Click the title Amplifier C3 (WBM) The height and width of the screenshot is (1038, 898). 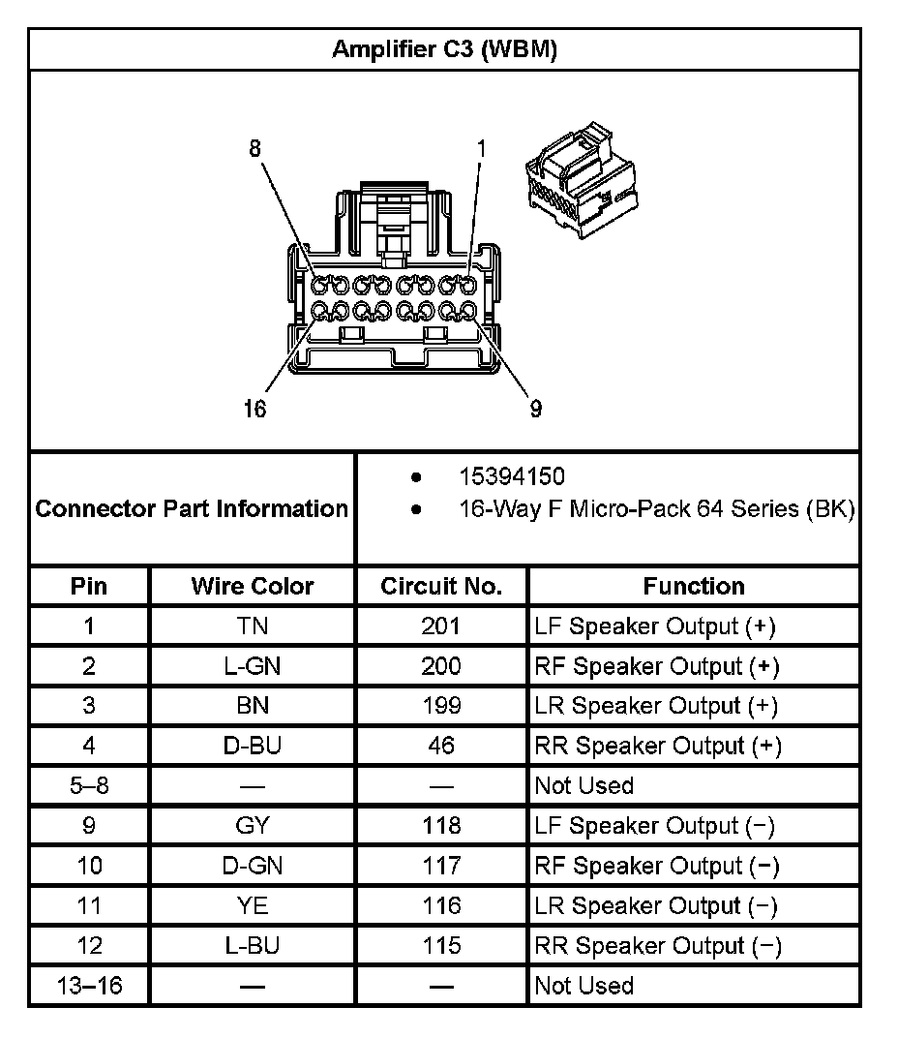tap(444, 50)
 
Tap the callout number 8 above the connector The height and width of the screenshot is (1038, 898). tap(254, 149)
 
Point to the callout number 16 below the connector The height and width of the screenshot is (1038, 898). tap(254, 409)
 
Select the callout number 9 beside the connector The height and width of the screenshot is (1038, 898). tap(535, 409)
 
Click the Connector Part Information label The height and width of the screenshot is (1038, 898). tap(192, 508)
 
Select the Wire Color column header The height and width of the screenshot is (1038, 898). tap(253, 586)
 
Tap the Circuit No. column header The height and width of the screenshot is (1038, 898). tap(441, 586)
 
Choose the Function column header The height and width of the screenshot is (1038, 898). tap(694, 586)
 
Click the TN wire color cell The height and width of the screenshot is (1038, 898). tap(253, 626)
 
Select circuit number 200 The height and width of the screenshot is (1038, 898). tap(441, 666)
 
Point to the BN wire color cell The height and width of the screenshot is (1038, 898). tap(253, 706)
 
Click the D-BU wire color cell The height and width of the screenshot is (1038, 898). tap(253, 746)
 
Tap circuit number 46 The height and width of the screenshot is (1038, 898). tap(441, 746)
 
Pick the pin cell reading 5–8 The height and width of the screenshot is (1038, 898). tap(89, 785)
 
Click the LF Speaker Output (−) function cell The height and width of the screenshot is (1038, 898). tap(655, 826)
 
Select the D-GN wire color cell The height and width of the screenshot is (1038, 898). tap(253, 866)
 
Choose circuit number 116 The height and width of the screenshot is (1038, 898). tap(441, 905)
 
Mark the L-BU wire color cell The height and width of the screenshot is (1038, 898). tap(253, 945)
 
